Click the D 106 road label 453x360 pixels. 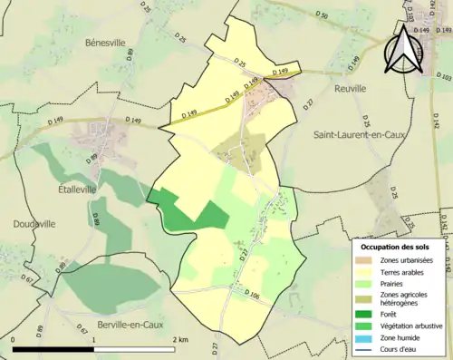[253, 296]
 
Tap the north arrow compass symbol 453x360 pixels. [403, 50]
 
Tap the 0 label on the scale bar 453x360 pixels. [14, 339]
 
